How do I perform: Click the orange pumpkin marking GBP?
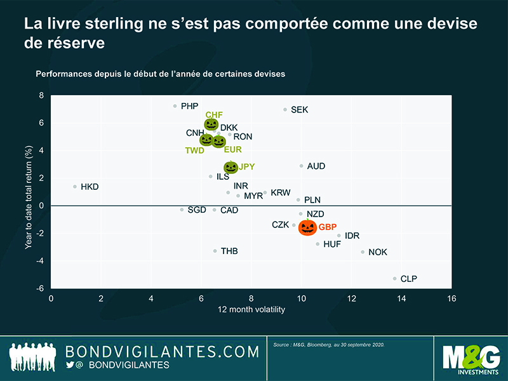(x=307, y=227)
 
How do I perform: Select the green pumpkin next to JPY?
(x=231, y=168)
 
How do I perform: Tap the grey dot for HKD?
(x=75, y=187)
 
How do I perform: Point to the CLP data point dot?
(x=394, y=278)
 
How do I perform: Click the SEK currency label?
(x=299, y=110)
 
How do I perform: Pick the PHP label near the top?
(x=189, y=106)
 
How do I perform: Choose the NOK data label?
(x=377, y=252)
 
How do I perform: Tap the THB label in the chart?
(x=229, y=251)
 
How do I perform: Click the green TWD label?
(x=195, y=150)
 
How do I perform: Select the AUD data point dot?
(x=301, y=166)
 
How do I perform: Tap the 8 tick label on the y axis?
(x=42, y=96)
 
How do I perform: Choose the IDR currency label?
(x=352, y=236)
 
